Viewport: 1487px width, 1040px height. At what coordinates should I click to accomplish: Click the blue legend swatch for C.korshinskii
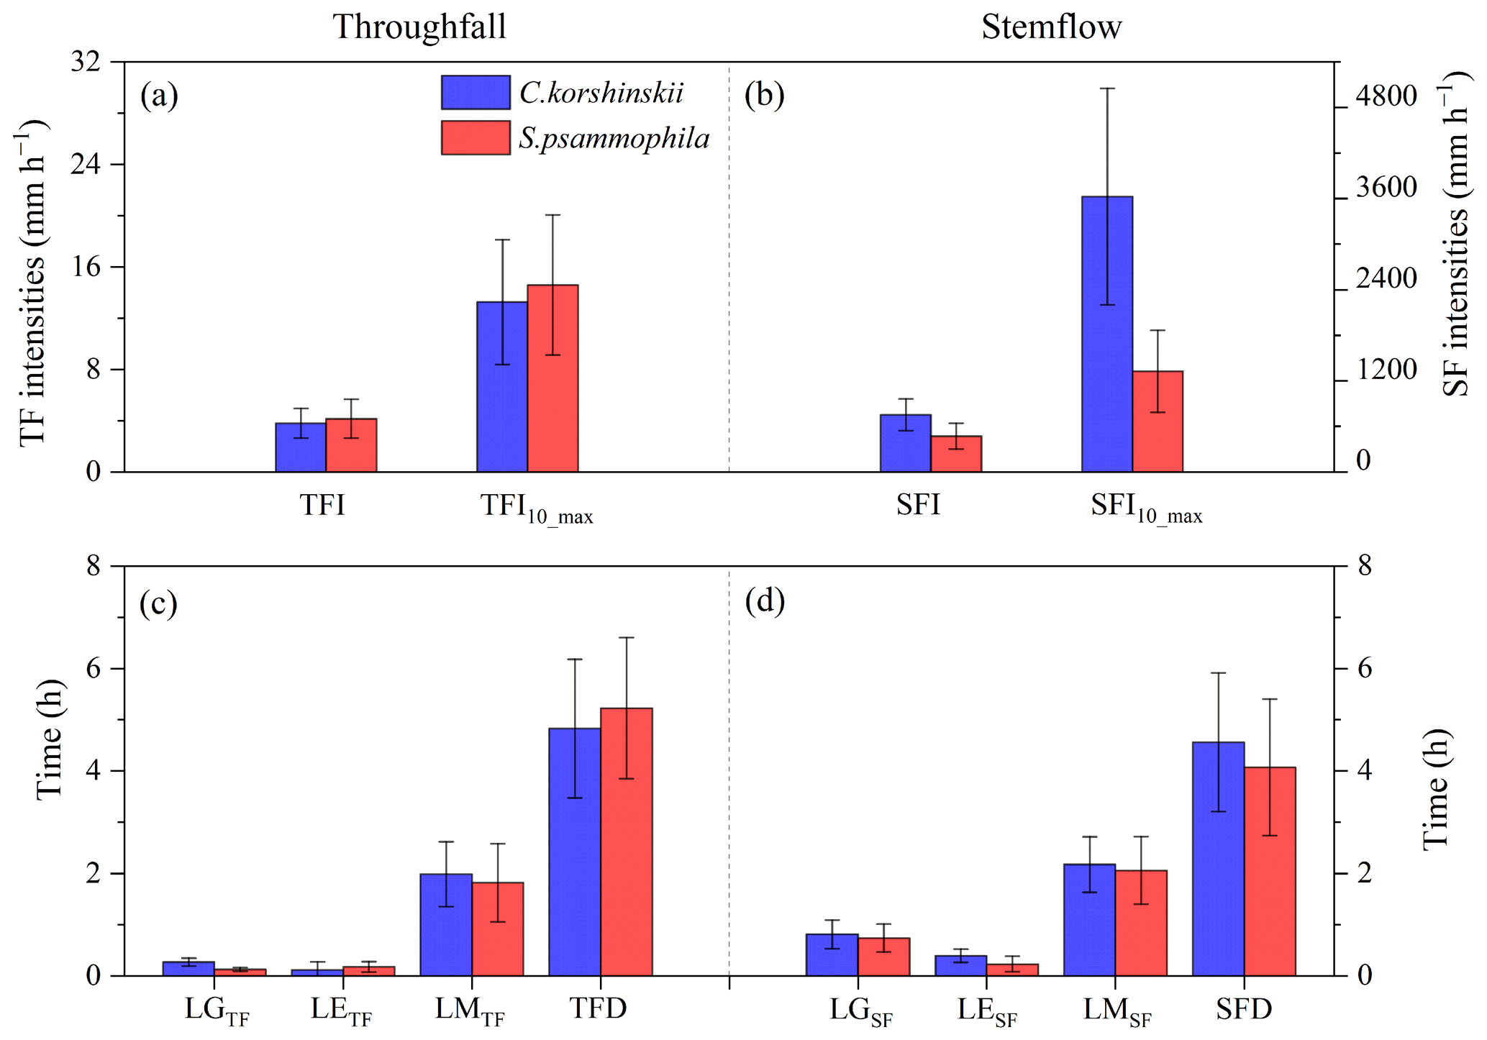point(476,92)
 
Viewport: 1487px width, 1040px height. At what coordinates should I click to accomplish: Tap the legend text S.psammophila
point(614,138)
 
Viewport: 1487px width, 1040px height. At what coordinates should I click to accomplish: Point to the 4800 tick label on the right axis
point(1386,96)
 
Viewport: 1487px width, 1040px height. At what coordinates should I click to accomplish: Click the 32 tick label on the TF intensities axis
point(85,62)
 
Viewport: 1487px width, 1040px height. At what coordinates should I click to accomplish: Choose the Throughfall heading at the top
point(419,27)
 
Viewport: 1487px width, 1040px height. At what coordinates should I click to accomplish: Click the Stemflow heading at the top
point(1051,27)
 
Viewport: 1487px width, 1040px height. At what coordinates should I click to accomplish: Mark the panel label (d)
point(764,601)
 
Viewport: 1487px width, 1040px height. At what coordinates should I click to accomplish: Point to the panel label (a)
point(159,95)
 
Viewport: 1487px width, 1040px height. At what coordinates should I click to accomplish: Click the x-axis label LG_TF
point(216,1011)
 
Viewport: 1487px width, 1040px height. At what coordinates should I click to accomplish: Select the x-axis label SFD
point(1244,1009)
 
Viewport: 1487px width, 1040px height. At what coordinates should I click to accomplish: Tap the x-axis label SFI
point(918,505)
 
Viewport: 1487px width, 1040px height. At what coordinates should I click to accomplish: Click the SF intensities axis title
point(1455,234)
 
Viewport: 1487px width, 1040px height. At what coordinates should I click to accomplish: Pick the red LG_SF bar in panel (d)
point(883,957)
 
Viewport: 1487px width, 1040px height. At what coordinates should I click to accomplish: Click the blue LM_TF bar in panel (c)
point(446,925)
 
